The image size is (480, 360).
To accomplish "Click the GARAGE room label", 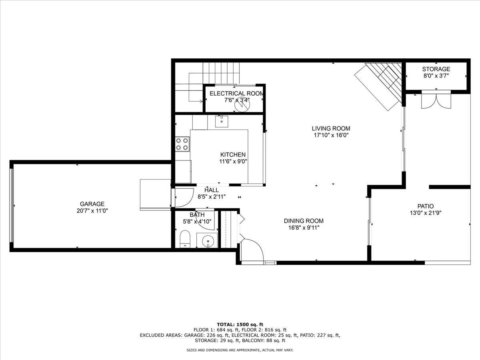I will (x=92, y=204).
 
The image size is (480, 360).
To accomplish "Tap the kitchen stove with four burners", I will (x=182, y=144).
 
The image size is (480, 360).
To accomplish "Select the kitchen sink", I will (x=221, y=120).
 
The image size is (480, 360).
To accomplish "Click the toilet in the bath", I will (x=185, y=239).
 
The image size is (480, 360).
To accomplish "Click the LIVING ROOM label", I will (x=331, y=128).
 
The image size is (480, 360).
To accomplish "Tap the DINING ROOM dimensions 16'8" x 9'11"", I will (x=304, y=228).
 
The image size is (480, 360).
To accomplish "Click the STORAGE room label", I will (x=436, y=69).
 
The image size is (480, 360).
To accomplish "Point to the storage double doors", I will (x=436, y=100).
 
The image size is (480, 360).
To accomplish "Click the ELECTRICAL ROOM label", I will (x=236, y=93).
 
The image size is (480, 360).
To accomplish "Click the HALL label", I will (x=211, y=190).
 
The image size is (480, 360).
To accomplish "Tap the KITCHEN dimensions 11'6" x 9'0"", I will (x=233, y=162).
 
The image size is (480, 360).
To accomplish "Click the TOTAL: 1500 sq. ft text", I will (x=240, y=324).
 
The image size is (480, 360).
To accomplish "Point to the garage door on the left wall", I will (x=12, y=205).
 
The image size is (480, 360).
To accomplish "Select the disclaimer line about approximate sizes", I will (x=240, y=350).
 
